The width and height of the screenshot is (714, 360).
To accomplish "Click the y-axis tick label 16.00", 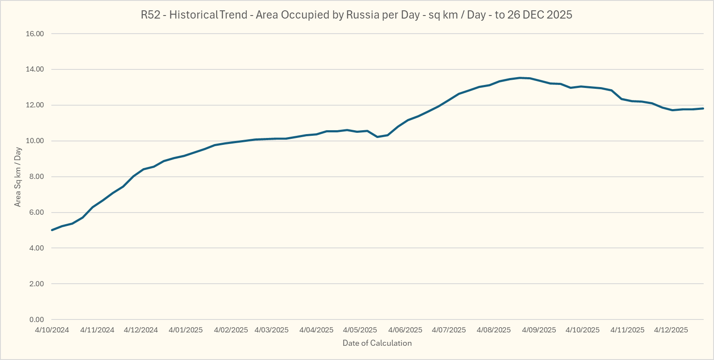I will click(x=35, y=34).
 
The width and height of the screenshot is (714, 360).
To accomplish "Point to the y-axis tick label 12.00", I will click(x=35, y=105).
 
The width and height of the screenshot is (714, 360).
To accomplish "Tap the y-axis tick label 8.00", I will click(x=37, y=177).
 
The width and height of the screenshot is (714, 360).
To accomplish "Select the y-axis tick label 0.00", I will click(x=37, y=319).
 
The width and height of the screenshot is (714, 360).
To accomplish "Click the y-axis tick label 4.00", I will click(x=37, y=248).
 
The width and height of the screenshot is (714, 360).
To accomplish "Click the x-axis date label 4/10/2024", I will click(x=52, y=330).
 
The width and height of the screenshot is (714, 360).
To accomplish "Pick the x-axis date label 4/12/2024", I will click(x=141, y=330).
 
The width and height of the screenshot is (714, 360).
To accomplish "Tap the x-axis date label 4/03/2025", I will click(x=271, y=330).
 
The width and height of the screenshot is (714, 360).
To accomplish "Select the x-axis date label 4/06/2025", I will click(x=405, y=330).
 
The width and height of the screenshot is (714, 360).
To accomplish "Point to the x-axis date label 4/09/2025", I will click(x=539, y=330).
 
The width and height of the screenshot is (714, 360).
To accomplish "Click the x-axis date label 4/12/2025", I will click(x=671, y=330).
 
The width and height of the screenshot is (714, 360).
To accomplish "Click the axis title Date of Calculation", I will click(x=377, y=343).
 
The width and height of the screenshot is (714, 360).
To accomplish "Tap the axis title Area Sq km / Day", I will click(x=18, y=177).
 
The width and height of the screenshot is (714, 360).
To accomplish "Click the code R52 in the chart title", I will click(x=151, y=15).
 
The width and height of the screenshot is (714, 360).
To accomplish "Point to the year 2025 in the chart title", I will click(x=559, y=15).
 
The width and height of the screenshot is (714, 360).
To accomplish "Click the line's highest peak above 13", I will click(x=520, y=78).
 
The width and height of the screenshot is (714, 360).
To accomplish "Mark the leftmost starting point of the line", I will click(x=52, y=230).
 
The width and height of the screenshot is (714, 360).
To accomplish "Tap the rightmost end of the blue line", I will click(x=703, y=108).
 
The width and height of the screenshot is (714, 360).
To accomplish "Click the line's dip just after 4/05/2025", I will click(x=377, y=137).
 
